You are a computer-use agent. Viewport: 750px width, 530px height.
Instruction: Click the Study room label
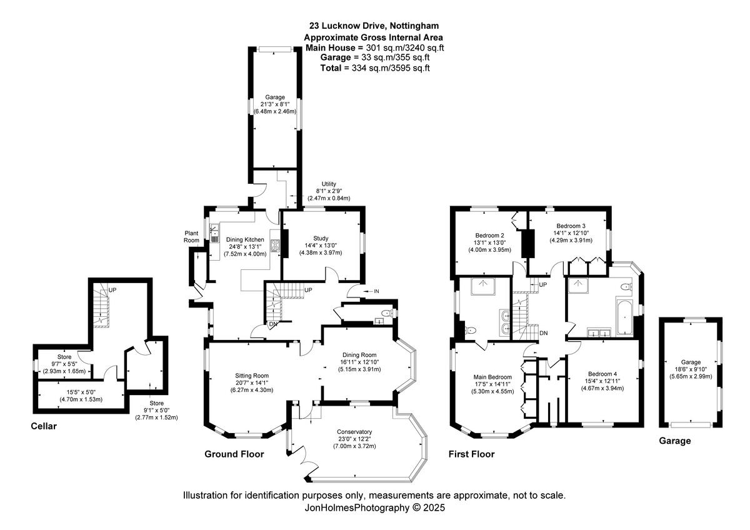(x=321, y=238)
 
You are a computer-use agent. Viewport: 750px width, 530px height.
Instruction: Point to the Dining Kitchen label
(x=245, y=238)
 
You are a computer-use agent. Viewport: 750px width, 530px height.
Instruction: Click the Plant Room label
(x=191, y=236)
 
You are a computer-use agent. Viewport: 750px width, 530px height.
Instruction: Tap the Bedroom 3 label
(x=571, y=226)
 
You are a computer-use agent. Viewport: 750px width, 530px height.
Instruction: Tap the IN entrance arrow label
(x=376, y=291)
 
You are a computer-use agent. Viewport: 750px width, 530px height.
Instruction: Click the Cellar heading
(x=44, y=427)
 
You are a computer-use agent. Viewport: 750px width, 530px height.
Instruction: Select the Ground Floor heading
(x=234, y=454)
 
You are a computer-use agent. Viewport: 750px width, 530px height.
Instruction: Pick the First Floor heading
(x=471, y=454)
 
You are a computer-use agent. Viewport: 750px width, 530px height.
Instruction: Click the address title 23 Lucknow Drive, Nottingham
(x=374, y=26)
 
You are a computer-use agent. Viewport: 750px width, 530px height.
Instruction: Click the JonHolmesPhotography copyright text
(x=374, y=507)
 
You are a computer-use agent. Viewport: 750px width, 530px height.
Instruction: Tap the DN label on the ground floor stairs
(x=273, y=324)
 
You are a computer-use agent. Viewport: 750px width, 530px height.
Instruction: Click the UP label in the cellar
(x=112, y=290)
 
